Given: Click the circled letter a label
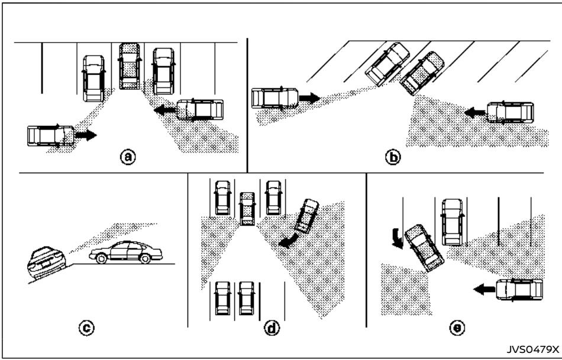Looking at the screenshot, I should click(128, 157).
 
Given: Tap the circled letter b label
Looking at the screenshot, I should click(391, 158).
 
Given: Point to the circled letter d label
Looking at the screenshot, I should click(273, 326).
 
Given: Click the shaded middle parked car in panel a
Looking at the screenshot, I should click(128, 66).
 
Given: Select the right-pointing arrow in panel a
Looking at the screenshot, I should click(84, 135).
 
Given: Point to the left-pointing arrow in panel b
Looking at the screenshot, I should click(474, 111).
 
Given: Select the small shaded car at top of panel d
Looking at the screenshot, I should click(247, 208).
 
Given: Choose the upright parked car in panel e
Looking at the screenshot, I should click(453, 220).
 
